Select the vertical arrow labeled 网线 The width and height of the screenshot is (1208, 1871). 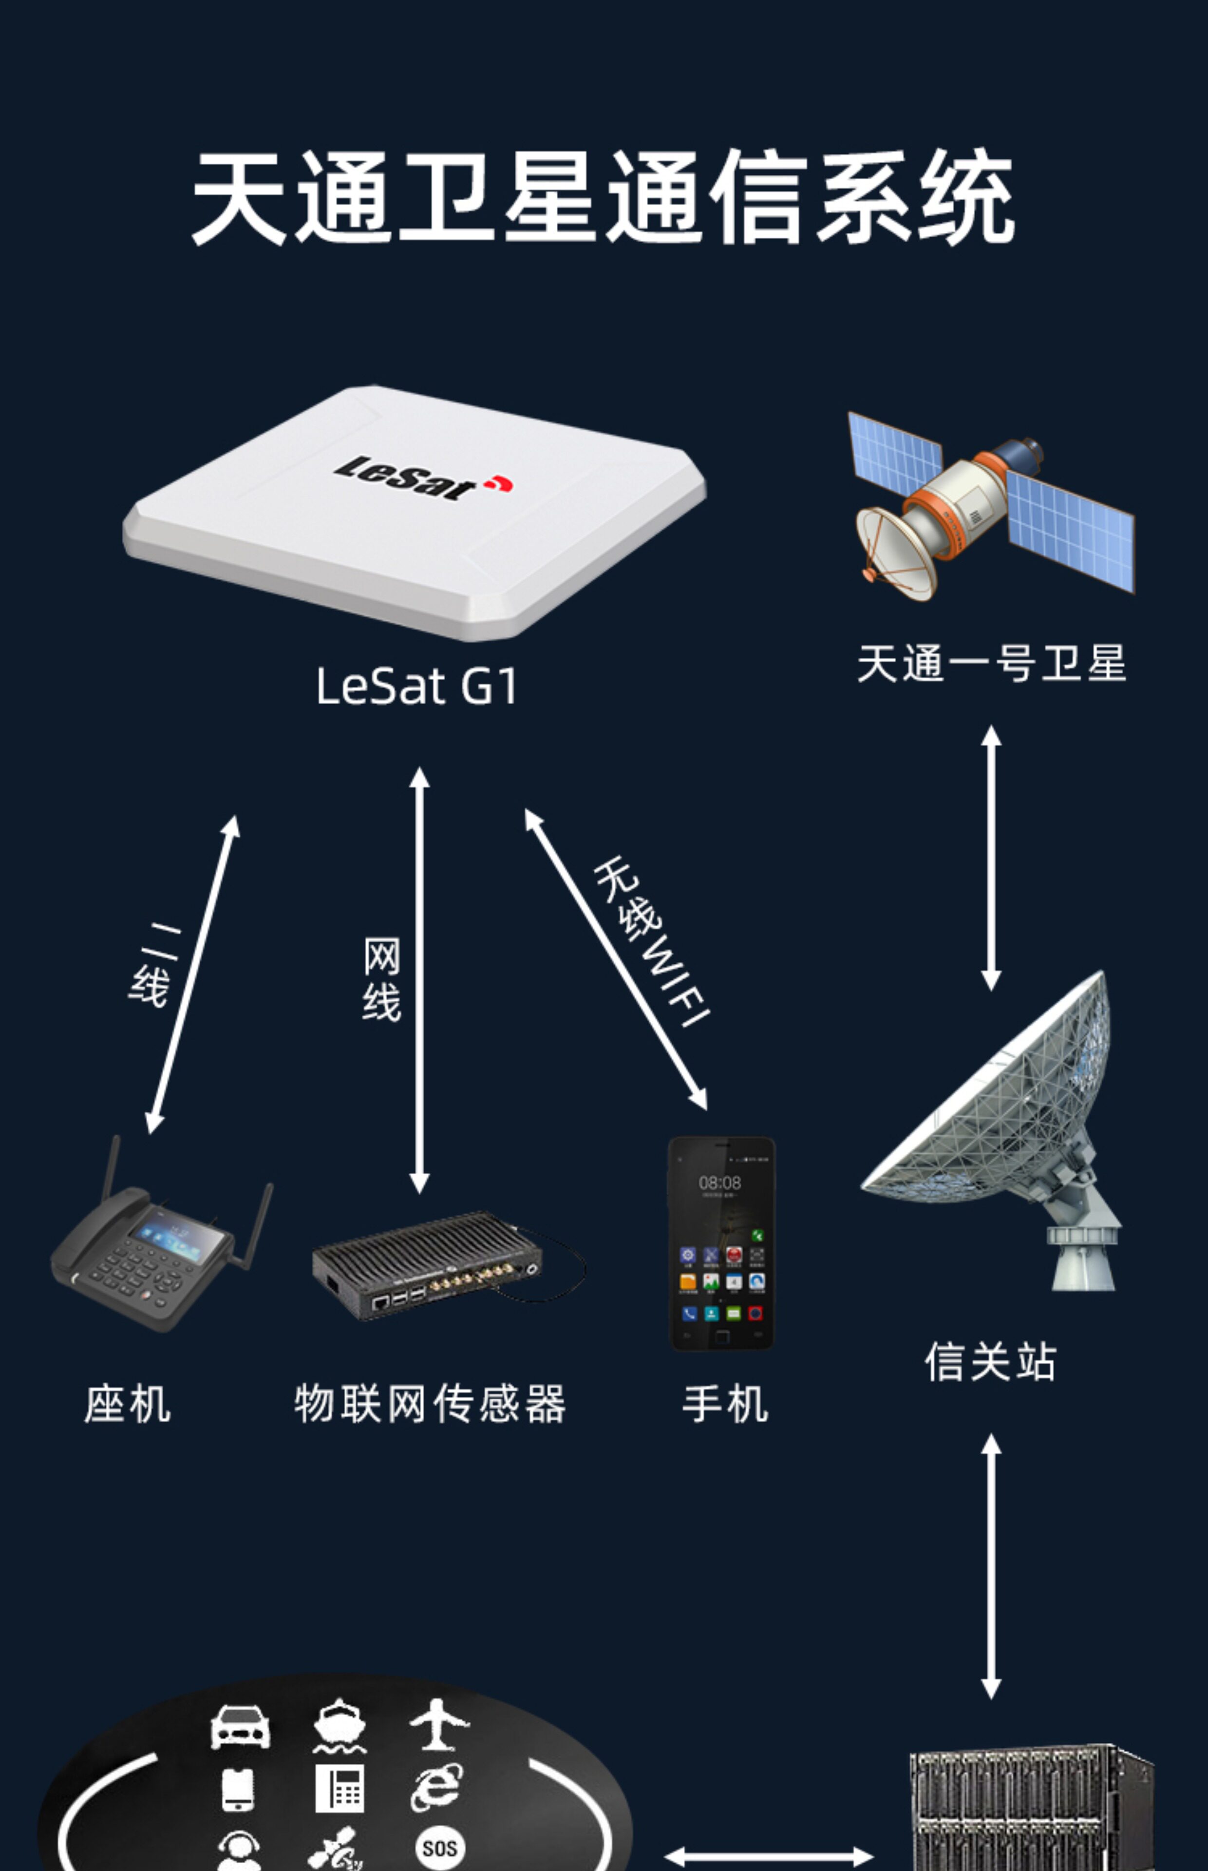pyautogui.click(x=420, y=981)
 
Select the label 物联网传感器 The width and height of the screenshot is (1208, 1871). pyautogui.click(x=430, y=1404)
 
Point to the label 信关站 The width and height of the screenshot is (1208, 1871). pyautogui.click(x=991, y=1361)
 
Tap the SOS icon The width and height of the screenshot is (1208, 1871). pyautogui.click(x=439, y=1848)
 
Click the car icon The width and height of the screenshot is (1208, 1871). pyautogui.click(x=240, y=1726)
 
